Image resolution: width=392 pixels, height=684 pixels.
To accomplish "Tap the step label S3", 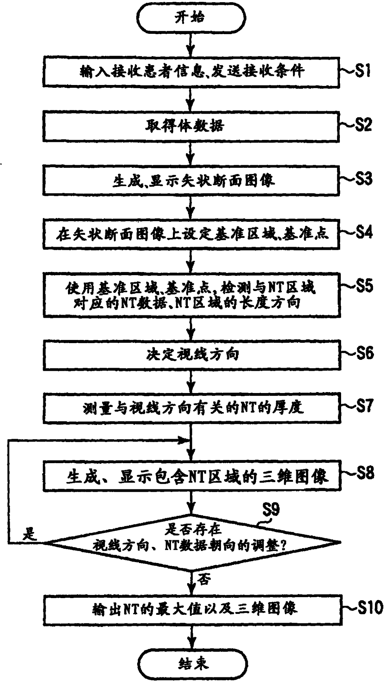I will [363, 179].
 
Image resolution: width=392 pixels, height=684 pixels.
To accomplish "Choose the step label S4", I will [364, 233].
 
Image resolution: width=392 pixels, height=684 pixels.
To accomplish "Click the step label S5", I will [364, 286].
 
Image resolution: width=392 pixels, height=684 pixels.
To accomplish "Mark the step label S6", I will [365, 353].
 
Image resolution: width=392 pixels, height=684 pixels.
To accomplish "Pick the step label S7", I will [365, 406].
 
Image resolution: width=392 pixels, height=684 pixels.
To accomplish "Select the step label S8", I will [365, 473].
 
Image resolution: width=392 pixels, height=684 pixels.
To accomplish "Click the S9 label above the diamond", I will [271, 509].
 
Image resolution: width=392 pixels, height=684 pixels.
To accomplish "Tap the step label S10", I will [370, 607].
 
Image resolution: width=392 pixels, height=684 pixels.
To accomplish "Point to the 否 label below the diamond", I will [204, 579].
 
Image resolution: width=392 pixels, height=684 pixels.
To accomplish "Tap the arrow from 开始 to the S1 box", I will [191, 45].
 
